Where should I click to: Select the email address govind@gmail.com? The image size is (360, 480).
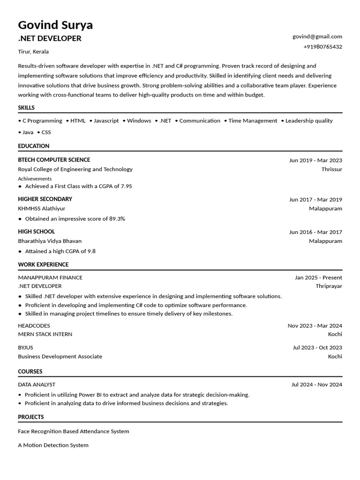click(317, 36)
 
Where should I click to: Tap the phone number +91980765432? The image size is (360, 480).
click(322, 46)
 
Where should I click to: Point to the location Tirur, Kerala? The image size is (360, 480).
click(33, 52)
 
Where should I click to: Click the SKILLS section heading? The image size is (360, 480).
click(26, 108)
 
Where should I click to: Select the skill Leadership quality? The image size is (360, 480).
click(309, 120)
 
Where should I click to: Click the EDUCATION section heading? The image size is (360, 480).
click(34, 146)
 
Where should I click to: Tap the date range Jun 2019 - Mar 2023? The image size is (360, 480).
click(315, 160)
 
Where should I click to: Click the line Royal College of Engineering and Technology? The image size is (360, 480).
click(75, 169)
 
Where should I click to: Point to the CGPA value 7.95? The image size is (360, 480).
click(126, 186)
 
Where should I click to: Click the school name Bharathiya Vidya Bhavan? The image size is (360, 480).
click(50, 241)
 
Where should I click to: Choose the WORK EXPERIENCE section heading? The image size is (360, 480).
click(43, 264)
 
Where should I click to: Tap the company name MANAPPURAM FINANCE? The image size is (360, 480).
click(50, 277)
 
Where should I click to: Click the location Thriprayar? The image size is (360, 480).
click(329, 286)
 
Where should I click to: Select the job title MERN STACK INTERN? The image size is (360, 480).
click(45, 334)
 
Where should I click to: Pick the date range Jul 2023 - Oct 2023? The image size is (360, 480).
click(317, 347)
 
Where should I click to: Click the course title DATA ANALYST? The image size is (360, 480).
click(37, 384)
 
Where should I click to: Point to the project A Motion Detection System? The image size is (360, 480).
click(53, 445)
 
